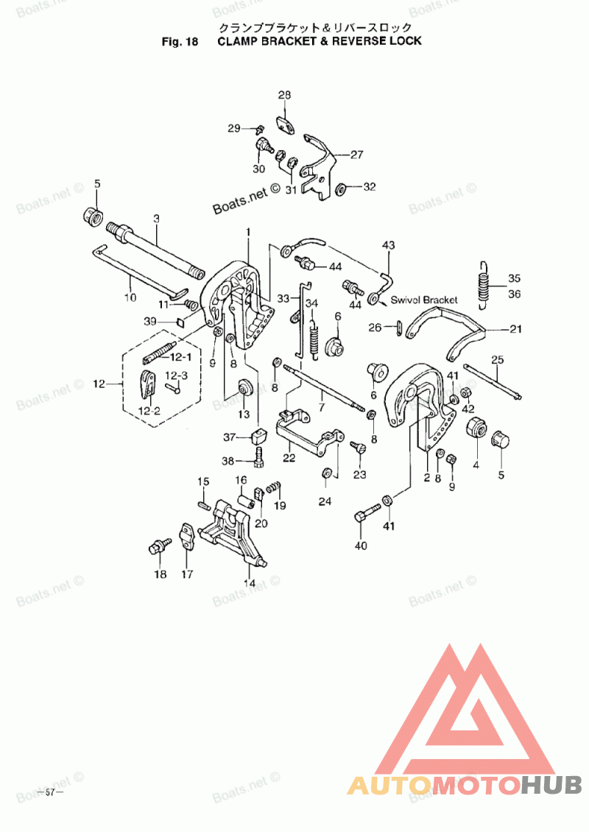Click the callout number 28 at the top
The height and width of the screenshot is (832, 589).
pos(284,95)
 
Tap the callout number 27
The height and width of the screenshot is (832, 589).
pos(356,155)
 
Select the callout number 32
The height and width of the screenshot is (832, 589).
pos(369,187)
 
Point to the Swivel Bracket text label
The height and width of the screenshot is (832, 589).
pos(424,300)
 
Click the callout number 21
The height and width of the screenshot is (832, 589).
pos(515,328)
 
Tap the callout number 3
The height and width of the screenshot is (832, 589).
pos(156,219)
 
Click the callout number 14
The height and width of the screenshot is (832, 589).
pos(250,583)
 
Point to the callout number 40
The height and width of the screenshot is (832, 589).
pos(360,546)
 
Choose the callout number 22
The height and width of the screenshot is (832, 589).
pos(289,458)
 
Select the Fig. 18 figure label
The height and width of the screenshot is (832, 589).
pos(180,41)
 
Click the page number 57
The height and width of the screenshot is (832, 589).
pos(50,792)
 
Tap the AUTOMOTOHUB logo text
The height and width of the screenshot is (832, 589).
pos(465,786)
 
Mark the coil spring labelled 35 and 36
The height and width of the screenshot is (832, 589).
pos(482,281)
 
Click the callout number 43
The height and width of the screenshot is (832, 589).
pos(388,245)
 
